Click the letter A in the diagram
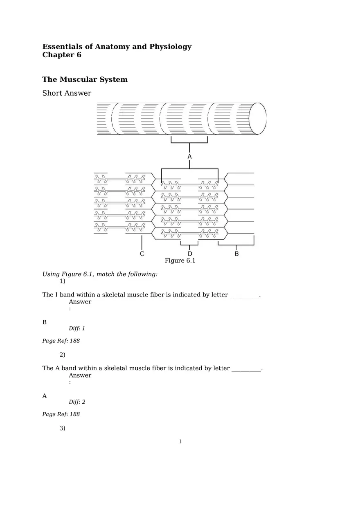[x=189, y=157]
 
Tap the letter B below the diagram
[x=236, y=254]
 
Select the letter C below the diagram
[x=142, y=254]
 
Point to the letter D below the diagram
[x=190, y=254]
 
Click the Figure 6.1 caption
[x=180, y=261]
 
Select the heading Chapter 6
[x=62, y=55]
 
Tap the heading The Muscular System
[x=85, y=79]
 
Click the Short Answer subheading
[x=67, y=93]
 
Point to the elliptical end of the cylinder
[x=258, y=118]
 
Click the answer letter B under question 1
[x=45, y=322]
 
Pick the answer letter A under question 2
[x=45, y=396]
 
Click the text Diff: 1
[x=77, y=328]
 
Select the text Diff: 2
[x=77, y=402]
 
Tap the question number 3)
[x=62, y=428]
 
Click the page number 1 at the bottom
[x=180, y=441]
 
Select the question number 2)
[x=62, y=355]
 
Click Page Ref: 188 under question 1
[x=61, y=341]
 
